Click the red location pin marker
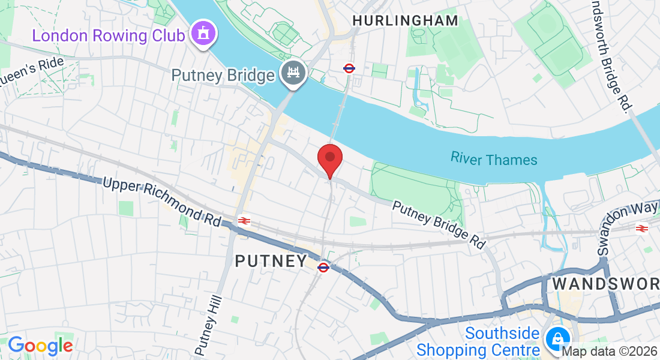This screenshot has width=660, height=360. pyautogui.click(x=329, y=158)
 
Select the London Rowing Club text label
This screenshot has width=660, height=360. pyautogui.click(x=108, y=35)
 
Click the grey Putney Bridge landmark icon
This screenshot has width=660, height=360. pyautogui.click(x=293, y=74)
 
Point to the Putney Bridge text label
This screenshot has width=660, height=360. pyautogui.click(x=223, y=76)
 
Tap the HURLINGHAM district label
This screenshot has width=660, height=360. pyautogui.click(x=405, y=21)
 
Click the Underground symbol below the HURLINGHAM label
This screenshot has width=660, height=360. pyautogui.click(x=349, y=68)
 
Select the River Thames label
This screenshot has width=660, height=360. pyautogui.click(x=494, y=159)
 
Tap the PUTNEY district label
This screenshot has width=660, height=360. pyautogui.click(x=271, y=262)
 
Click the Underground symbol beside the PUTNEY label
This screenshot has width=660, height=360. pyautogui.click(x=323, y=267)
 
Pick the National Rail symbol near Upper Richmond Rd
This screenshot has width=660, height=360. pyautogui.click(x=244, y=221)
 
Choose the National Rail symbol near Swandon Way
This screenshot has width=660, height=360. pyautogui.click(x=641, y=228)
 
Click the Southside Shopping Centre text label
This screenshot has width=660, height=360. pyautogui.click(x=478, y=341)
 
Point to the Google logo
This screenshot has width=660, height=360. pyautogui.click(x=40, y=346)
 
